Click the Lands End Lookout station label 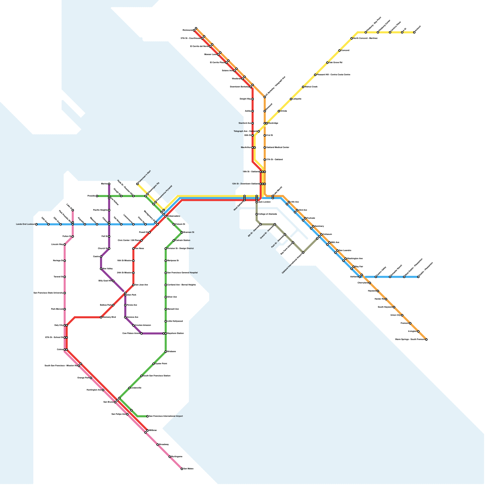[25, 224]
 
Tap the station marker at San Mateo [182, 469]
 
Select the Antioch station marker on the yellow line [414, 32]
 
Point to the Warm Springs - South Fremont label [410, 339]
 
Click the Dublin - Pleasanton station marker [418, 277]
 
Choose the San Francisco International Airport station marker [148, 416]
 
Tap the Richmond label [187, 30]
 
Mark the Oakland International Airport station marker [303, 253]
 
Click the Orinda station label [284, 111]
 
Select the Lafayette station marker [291, 99]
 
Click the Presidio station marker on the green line [97, 196]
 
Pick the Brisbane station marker [166, 352]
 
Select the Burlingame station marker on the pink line [170, 457]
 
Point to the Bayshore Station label [176, 333]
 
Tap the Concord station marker [339, 51]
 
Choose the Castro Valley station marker [376, 277]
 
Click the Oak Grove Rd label [336, 63]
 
